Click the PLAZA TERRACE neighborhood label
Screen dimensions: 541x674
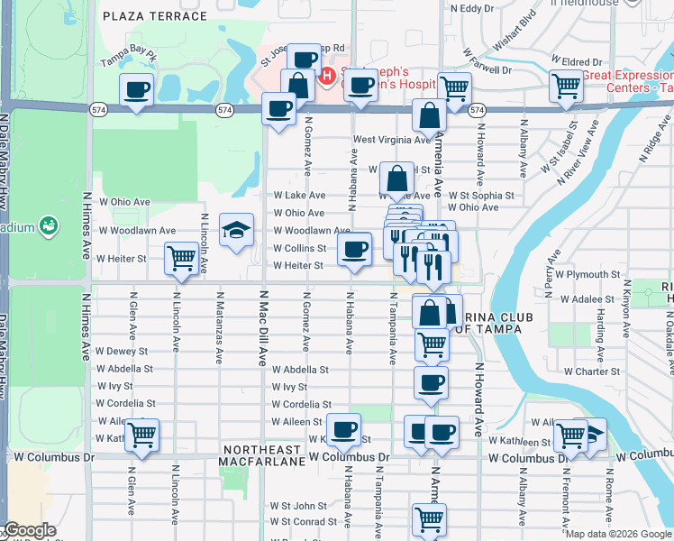click(x=155, y=16)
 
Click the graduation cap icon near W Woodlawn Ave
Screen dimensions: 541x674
click(x=236, y=231)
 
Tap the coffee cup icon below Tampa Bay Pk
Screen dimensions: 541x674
click(x=137, y=90)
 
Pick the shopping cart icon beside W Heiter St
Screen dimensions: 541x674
click(x=181, y=258)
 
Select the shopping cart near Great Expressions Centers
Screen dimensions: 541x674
click(x=567, y=87)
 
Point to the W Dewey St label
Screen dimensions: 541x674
click(x=122, y=351)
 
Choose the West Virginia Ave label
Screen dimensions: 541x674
click(x=392, y=140)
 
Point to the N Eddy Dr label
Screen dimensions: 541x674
click(x=474, y=8)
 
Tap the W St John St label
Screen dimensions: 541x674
click(x=298, y=506)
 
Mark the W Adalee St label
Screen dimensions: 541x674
click(x=588, y=298)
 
